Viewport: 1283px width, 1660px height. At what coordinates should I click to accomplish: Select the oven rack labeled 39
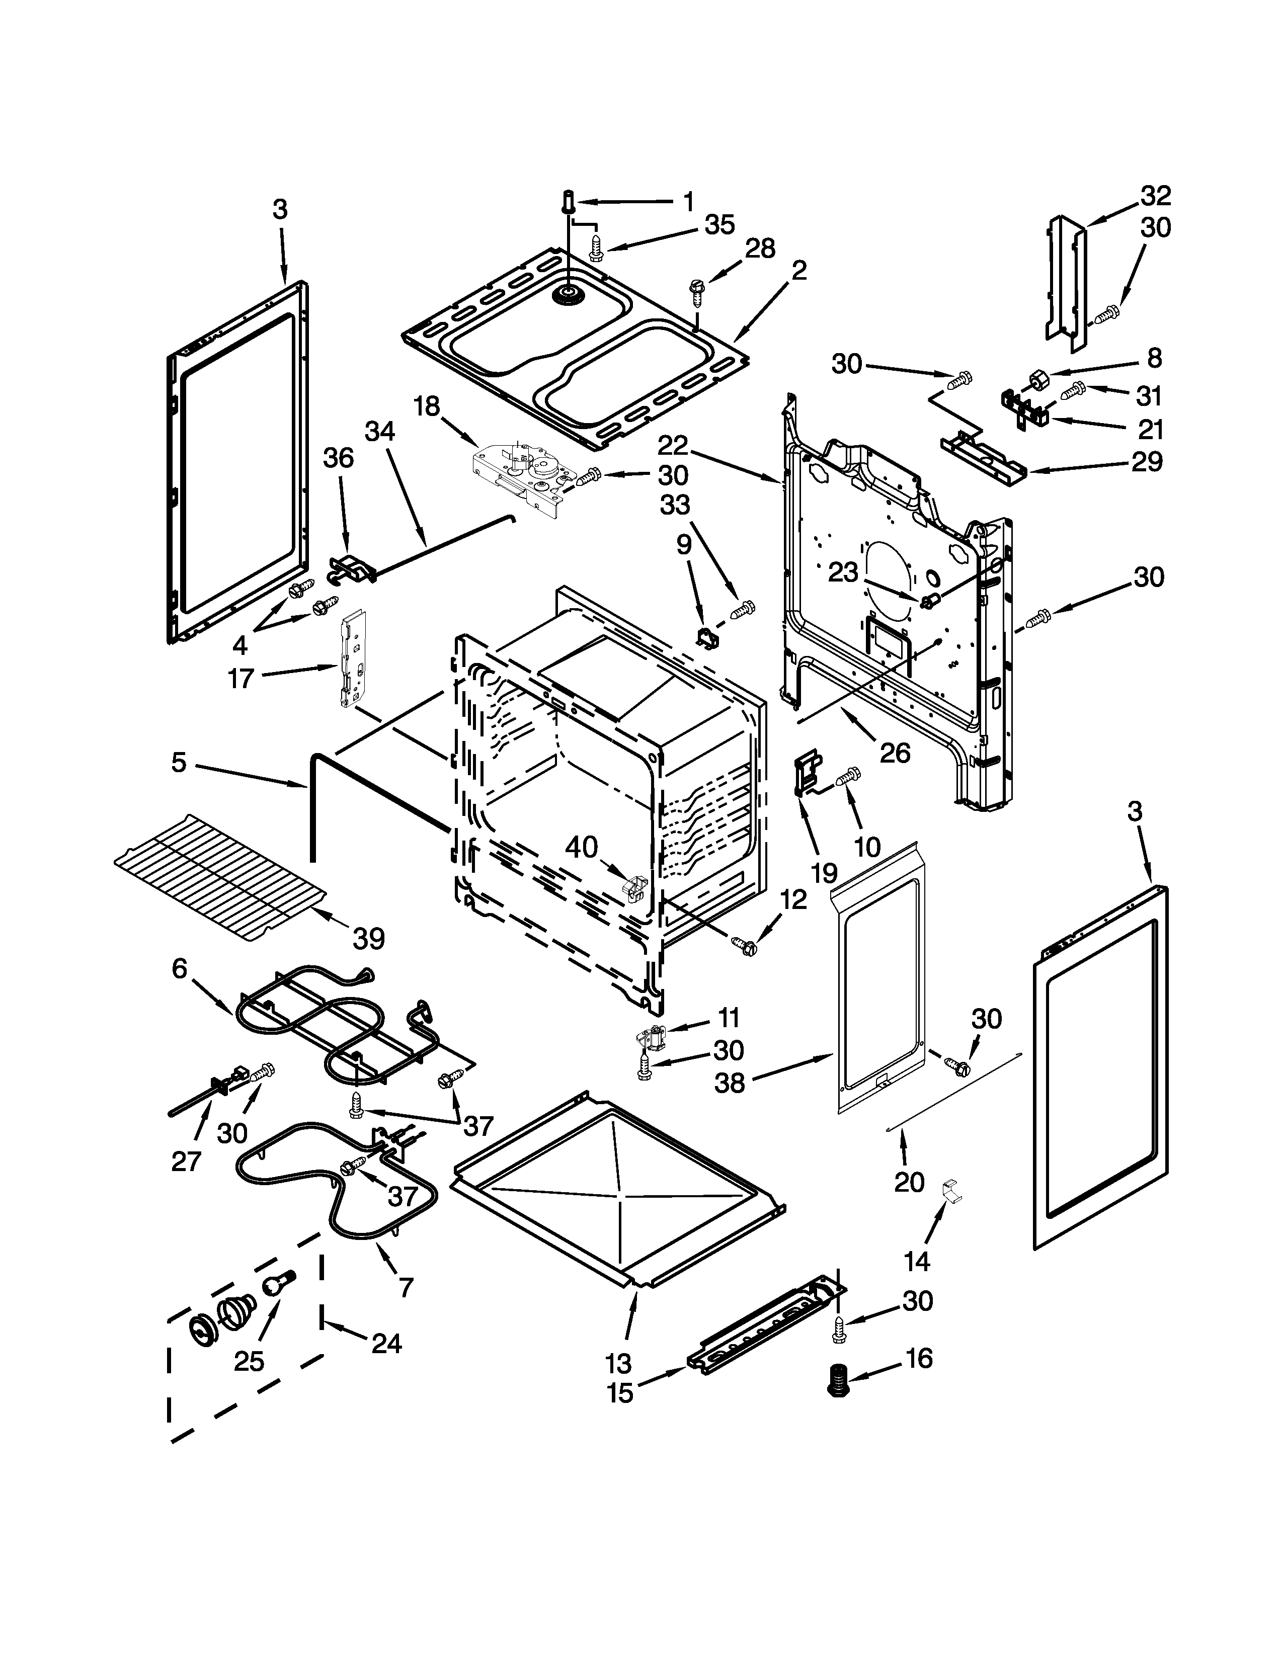click(220, 876)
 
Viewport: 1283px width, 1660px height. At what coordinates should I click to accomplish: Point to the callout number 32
click(1155, 196)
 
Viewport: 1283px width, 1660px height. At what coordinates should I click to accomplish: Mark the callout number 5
click(179, 763)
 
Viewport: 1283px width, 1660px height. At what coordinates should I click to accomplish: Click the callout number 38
click(730, 1083)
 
